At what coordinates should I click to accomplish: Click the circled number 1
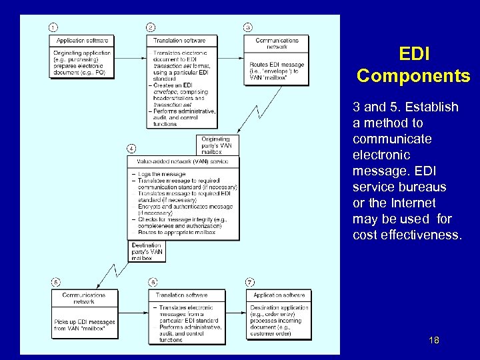(53, 27)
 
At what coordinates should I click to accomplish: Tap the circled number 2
(151, 27)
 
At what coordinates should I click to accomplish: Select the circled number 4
(131, 149)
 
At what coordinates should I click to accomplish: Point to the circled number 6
(153, 282)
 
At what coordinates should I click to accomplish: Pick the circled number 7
(250, 282)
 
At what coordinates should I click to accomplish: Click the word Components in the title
(413, 75)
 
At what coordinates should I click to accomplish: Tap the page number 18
(434, 341)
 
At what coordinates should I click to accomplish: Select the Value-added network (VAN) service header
(182, 162)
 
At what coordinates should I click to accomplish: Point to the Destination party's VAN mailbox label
(147, 251)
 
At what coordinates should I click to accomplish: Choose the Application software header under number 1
(83, 41)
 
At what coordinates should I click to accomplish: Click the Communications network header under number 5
(83, 298)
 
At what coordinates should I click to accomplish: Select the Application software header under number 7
(279, 295)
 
